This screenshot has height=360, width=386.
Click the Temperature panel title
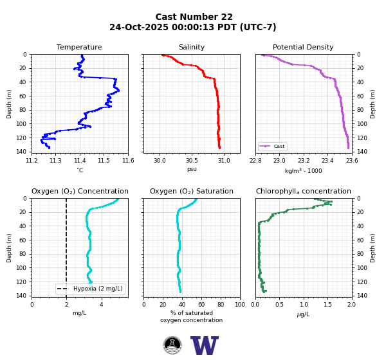[x=79, y=47]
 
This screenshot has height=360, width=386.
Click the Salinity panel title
[x=192, y=47]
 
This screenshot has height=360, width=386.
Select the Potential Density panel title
[x=303, y=47]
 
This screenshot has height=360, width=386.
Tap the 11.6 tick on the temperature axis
[x=128, y=161]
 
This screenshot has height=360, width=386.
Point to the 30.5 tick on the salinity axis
[x=192, y=161]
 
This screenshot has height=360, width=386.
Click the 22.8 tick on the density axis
[x=255, y=161]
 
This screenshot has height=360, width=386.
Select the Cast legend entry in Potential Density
[x=272, y=146]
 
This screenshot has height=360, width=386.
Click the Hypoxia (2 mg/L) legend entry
[x=90, y=289]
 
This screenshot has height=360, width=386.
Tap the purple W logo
[x=205, y=345]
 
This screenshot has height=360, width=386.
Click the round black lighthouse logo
[x=172, y=345]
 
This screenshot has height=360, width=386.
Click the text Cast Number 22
[x=194, y=17]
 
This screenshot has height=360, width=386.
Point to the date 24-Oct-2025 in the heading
[x=139, y=27]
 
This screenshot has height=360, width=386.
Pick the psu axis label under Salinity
[x=192, y=169]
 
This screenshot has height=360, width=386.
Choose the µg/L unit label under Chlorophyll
[x=303, y=314]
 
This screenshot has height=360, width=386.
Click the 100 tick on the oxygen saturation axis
[x=240, y=305]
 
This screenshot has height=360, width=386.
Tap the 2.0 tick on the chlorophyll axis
[x=352, y=305]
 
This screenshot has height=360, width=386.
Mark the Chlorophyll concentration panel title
[x=303, y=191]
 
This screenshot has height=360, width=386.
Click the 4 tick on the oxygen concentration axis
[x=101, y=305]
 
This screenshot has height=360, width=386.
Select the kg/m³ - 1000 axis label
[x=303, y=170]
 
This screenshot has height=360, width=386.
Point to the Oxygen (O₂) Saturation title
[x=192, y=191]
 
